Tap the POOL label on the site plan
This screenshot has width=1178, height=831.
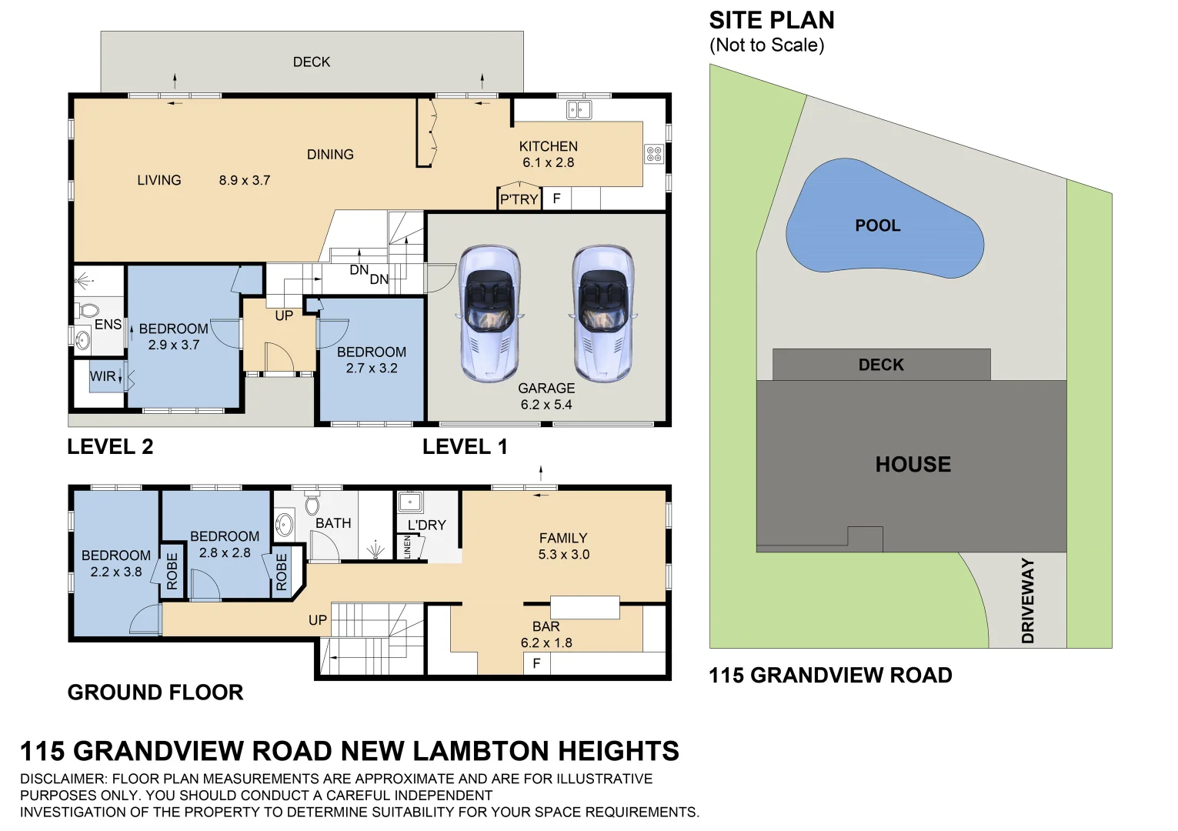877,225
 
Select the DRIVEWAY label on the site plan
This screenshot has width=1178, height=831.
1028,601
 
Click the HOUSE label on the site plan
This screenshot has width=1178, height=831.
913,464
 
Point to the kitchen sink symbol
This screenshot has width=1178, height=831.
579,110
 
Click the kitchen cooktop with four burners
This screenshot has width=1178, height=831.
653,154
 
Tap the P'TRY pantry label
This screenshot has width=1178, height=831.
519,199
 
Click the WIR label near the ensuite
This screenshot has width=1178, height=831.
102,376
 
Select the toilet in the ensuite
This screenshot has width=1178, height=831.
87,311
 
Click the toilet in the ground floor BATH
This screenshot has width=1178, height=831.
312,505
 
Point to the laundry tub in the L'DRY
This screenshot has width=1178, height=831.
409,502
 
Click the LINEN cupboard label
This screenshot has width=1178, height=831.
407,547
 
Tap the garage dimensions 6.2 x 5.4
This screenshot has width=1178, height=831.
546,405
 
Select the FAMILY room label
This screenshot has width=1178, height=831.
562,538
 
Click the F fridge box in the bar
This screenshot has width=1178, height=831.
536,663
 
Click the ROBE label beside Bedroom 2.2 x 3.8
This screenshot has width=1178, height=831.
172,571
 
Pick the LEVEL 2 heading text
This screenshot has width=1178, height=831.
110,446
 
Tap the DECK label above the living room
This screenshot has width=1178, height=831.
312,62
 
